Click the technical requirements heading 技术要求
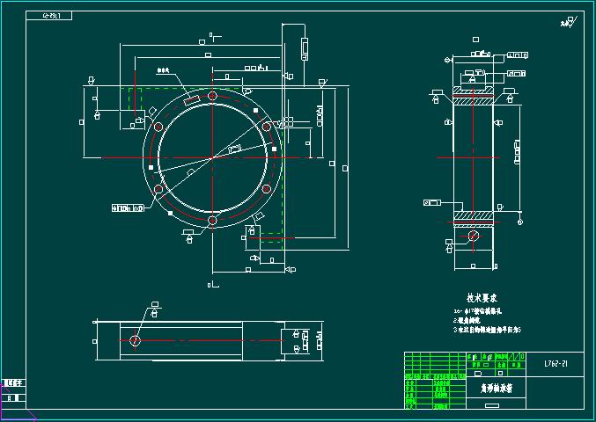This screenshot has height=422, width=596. tap(483, 299)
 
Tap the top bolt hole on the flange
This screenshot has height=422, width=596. tap(212, 96)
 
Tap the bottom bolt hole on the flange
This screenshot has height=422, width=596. tap(212, 221)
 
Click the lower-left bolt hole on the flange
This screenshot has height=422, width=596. tap(158, 189)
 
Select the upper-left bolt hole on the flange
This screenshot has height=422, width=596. tap(158, 127)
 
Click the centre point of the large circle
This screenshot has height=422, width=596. tap(212, 158)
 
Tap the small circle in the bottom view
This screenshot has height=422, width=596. tap(135, 340)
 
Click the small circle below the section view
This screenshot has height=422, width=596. tap(473, 236)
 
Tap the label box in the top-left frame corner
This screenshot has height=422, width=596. tap(53, 16)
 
